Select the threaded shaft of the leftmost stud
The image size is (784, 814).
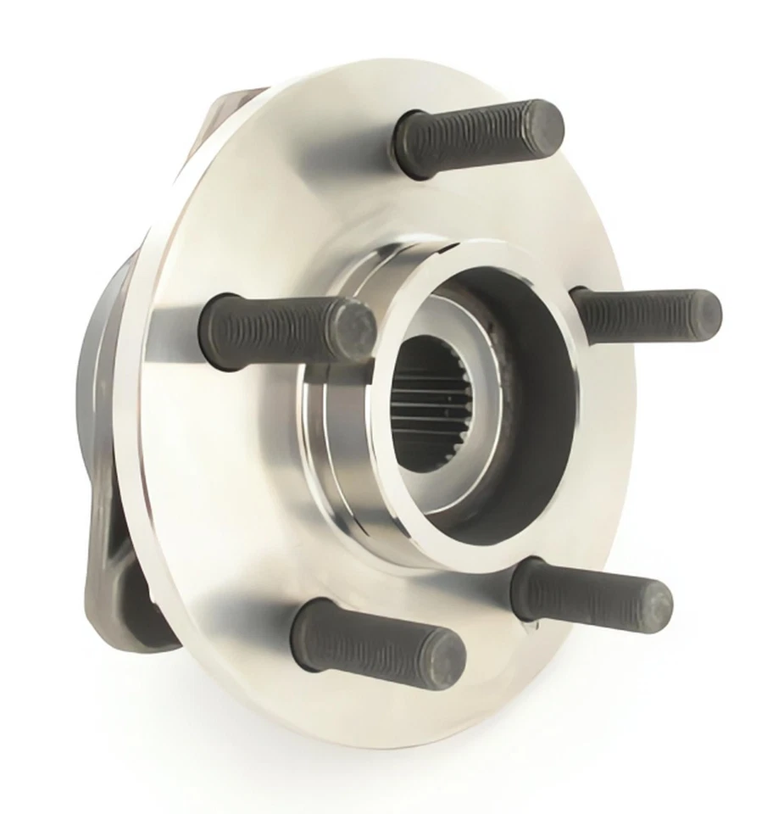click(271, 326)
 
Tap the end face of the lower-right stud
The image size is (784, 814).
click(654, 604)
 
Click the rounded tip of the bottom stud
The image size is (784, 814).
click(445, 659)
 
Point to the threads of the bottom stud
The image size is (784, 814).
click(373, 640)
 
